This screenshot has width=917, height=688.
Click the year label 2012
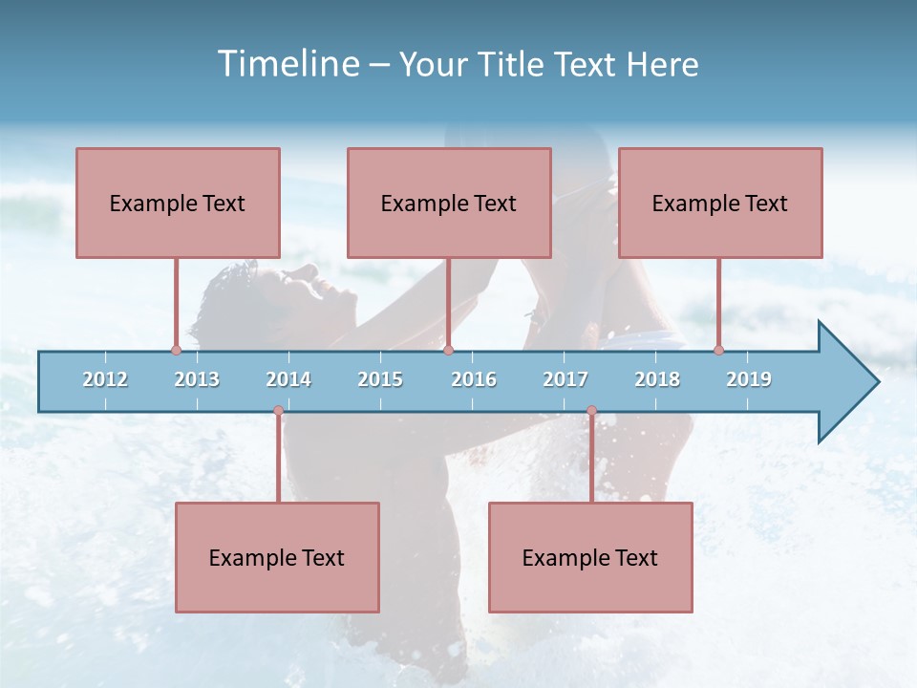(105, 379)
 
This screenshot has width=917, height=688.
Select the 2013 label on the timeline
(197, 379)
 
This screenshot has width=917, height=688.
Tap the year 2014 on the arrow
(288, 379)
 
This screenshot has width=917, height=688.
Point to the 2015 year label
(380, 379)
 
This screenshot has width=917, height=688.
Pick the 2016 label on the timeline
(474, 379)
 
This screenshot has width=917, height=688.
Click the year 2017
(565, 379)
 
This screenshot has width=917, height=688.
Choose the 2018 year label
(657, 379)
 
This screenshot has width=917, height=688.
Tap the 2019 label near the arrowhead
(749, 379)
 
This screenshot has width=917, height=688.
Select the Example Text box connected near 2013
(178, 203)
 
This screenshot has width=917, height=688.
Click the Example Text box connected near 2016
(449, 203)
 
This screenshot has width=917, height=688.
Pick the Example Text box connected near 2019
(720, 203)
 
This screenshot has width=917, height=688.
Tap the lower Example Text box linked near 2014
(277, 557)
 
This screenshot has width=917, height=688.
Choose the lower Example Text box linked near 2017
(590, 557)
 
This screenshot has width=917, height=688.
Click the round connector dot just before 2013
(176, 351)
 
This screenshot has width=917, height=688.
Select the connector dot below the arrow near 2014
(278, 411)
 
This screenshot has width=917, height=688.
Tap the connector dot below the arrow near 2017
(591, 411)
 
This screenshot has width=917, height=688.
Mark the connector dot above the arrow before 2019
(718, 351)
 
